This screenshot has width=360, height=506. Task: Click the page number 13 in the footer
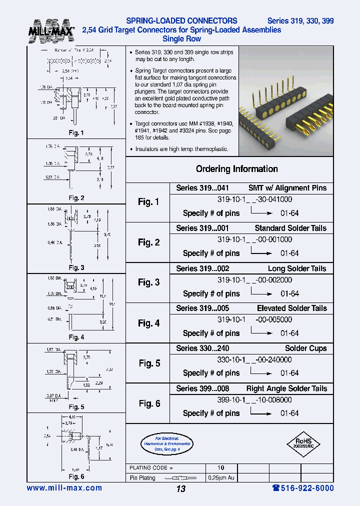180,488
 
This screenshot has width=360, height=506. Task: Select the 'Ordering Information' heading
236,169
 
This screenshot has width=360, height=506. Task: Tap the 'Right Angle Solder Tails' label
286,388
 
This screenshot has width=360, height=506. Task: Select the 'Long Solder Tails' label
297,268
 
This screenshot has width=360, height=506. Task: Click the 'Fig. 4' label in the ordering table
148,323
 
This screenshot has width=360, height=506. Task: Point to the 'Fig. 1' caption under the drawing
76,133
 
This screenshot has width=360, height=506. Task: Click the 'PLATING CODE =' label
151,468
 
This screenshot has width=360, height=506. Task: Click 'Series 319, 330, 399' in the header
300,21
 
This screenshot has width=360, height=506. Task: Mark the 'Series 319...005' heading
202,308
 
